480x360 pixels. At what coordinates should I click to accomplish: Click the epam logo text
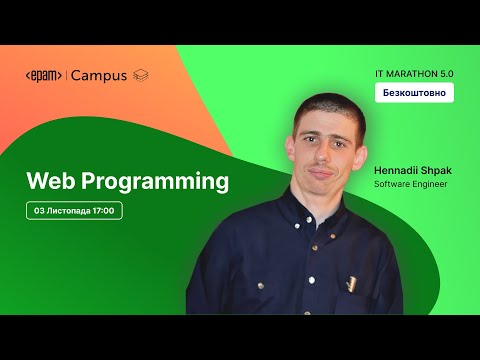(x=44, y=76)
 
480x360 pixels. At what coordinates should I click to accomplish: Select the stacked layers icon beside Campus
(x=141, y=76)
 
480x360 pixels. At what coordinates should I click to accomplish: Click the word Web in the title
(x=50, y=182)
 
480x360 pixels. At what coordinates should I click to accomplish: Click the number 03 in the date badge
(x=39, y=211)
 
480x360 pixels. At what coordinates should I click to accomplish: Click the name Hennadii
(x=395, y=171)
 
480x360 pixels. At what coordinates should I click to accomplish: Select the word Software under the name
(x=391, y=185)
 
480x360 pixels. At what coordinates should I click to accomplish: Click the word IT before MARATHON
(x=381, y=72)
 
